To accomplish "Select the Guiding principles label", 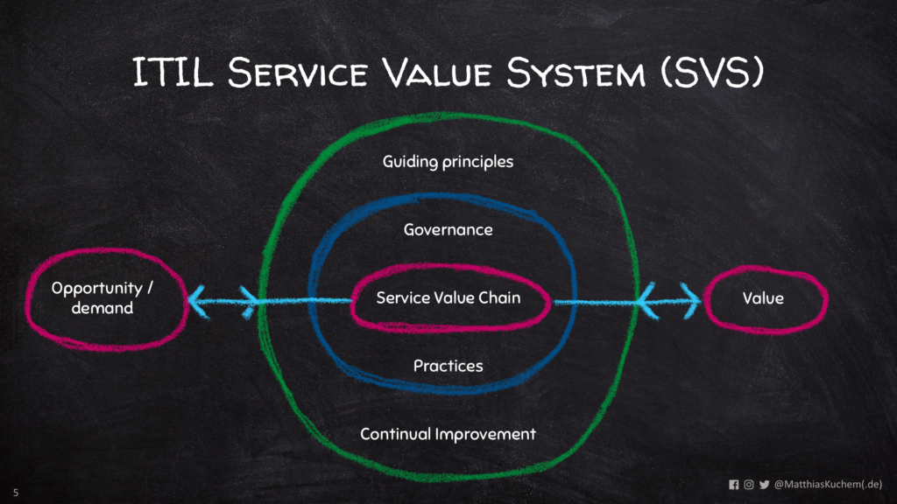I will coord(448,162).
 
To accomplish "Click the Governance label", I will coord(448,230).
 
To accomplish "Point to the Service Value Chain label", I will coord(448,298).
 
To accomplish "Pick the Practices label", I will coord(448,366).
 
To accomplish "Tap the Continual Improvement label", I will coord(448,434).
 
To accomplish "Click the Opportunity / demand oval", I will coord(103,297).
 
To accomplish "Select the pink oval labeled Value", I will coord(763,298).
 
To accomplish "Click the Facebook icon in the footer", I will coord(733,484).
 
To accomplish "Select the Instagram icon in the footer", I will coord(748,484).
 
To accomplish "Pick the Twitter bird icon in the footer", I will coord(764,484).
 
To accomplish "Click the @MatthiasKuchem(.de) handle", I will coord(828,484).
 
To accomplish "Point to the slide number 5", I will coord(15,493).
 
